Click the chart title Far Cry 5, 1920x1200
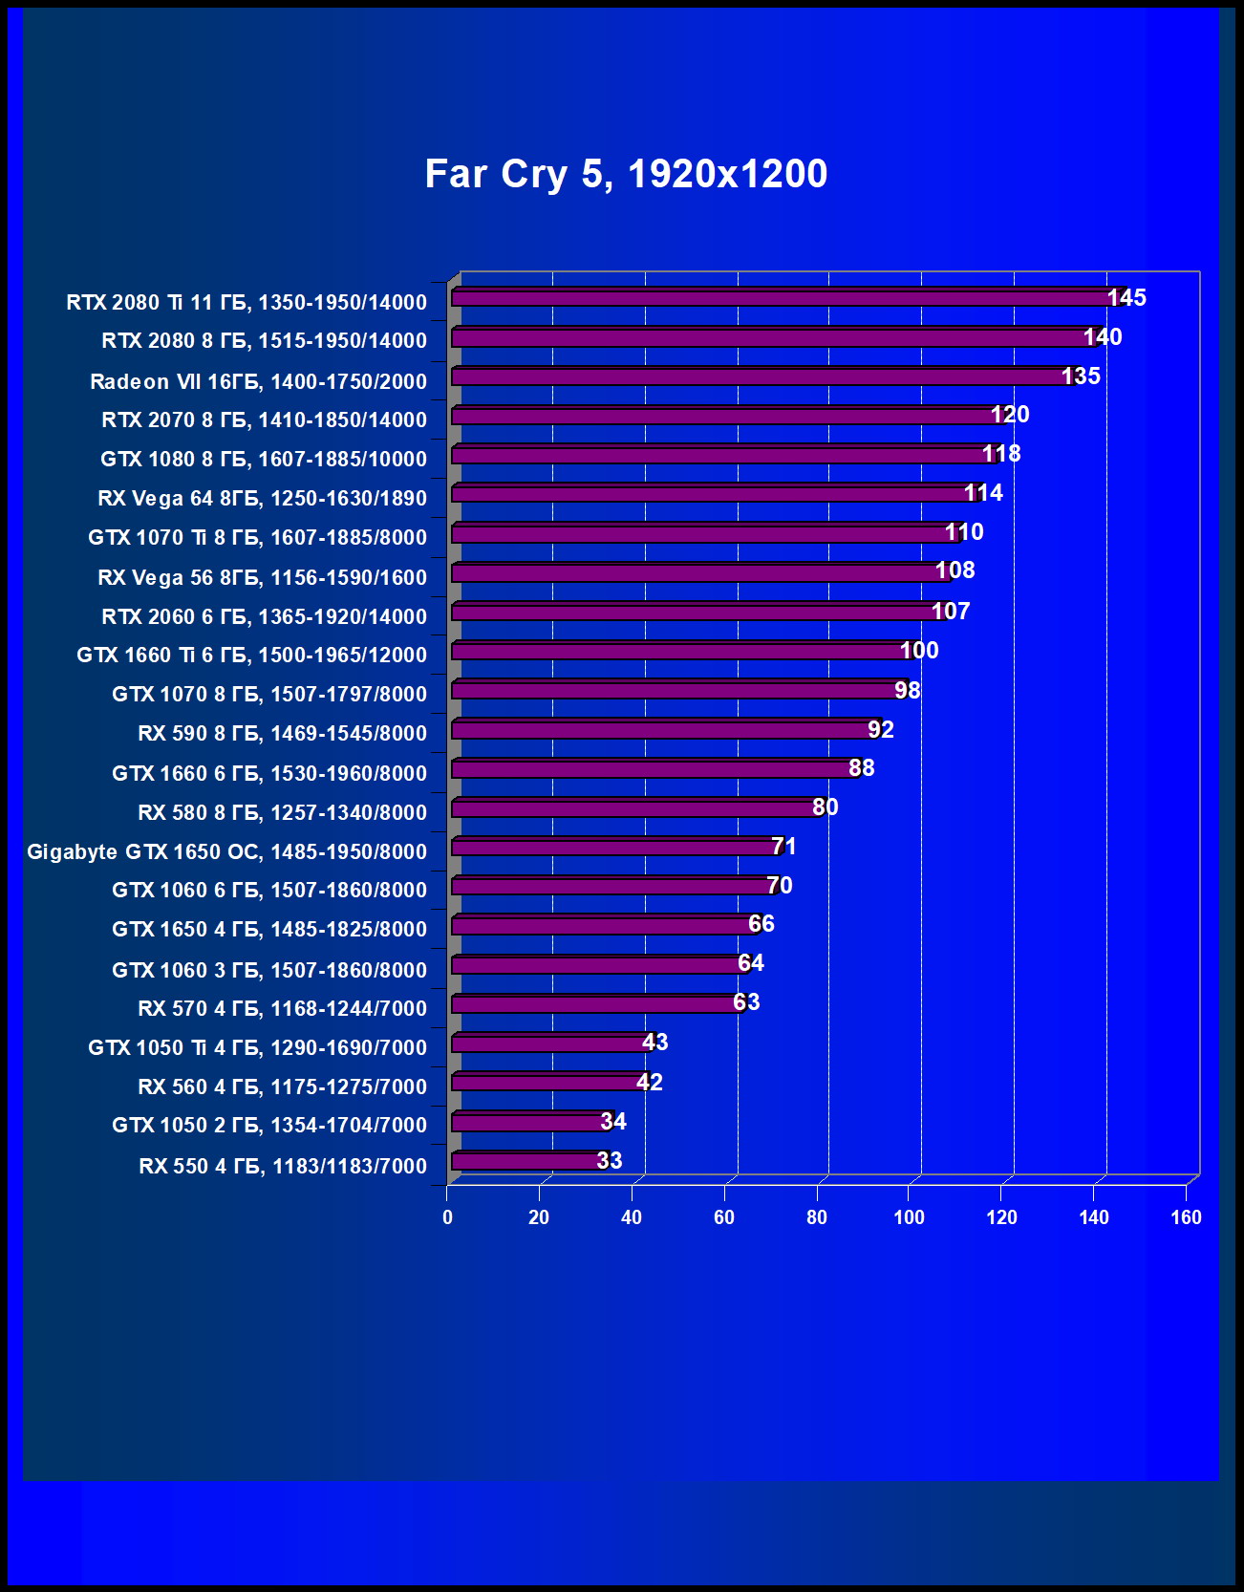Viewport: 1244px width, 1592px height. coord(626,174)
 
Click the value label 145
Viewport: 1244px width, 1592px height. coord(1126,298)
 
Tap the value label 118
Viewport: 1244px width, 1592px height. coord(1001,454)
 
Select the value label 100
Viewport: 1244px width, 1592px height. coord(919,651)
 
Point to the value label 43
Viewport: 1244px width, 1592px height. coord(654,1043)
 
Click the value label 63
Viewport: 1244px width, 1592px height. coord(746,1002)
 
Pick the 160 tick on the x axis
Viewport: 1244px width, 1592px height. coord(1186,1217)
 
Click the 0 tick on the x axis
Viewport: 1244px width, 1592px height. coord(447,1217)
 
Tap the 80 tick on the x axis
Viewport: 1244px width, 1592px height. coord(817,1217)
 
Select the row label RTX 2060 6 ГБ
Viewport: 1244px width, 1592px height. coord(264,616)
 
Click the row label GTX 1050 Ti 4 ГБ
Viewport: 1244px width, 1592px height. coord(257,1047)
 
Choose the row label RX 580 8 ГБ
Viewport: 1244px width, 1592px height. coord(282,812)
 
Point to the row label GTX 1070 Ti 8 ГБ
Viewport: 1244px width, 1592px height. coord(257,537)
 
